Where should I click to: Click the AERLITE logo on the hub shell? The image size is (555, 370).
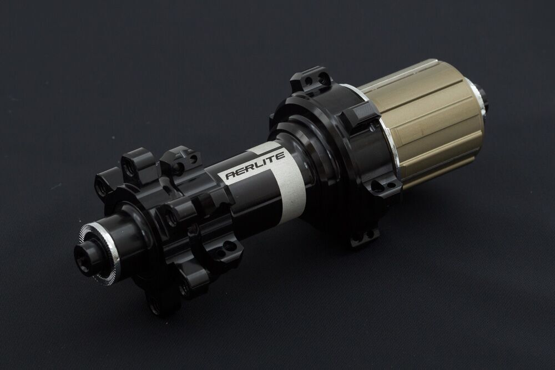coord(255,165)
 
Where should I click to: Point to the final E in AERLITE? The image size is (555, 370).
coord(280,156)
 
